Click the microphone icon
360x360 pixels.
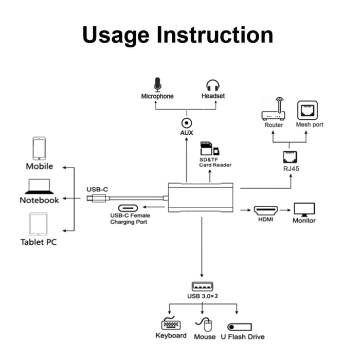coord(157,84)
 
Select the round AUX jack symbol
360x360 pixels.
coord(186,123)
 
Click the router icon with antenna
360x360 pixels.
coord(274,111)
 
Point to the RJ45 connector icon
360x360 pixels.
coord(289,157)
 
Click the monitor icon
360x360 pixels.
coord(304,209)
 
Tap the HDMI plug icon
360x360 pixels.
coord(265,210)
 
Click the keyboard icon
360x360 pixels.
coord(171,325)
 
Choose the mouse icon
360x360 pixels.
coord(205,325)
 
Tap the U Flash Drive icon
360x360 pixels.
coord(239,327)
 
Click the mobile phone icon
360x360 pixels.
coord(39,148)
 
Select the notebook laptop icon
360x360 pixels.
coord(40,186)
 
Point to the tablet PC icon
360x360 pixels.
coord(39,224)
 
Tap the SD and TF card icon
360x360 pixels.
coord(209,149)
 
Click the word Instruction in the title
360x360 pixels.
coord(217,35)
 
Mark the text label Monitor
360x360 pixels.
coord(304,221)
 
